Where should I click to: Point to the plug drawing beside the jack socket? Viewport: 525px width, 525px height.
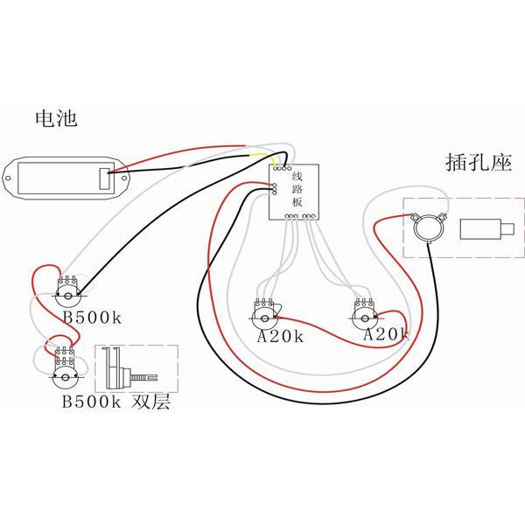tap(480, 230)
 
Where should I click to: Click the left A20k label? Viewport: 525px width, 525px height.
tap(279, 337)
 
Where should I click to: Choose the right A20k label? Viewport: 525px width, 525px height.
tap(386, 334)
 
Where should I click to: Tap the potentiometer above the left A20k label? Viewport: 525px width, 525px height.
tap(263, 312)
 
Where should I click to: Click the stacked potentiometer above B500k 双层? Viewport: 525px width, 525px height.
tap(63, 371)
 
